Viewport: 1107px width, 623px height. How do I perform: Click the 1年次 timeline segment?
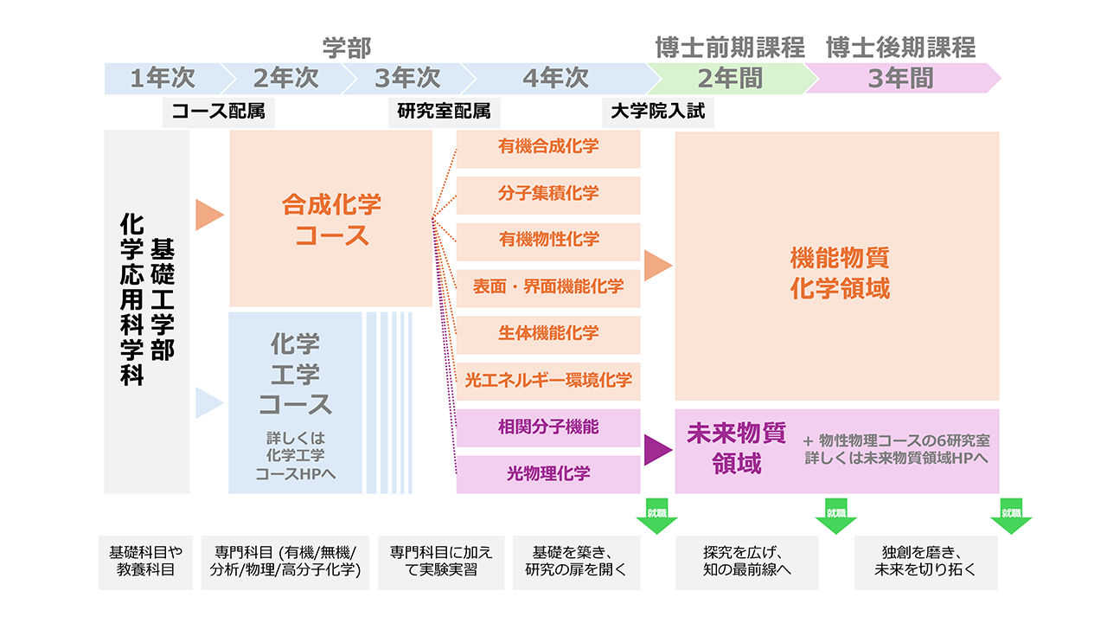tap(163, 79)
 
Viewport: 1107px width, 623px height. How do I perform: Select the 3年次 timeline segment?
tap(407, 79)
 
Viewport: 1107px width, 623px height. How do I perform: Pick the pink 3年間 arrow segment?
tap(900, 79)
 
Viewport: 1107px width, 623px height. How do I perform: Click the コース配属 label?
tap(218, 112)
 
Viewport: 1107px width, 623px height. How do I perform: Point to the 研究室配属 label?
tap(444, 112)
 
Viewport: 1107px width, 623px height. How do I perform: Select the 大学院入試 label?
tap(657, 112)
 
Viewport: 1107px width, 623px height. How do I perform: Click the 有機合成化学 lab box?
tap(548, 147)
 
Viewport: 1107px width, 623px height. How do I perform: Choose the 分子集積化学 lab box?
tap(548, 194)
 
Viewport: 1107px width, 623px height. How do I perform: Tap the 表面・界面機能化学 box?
tap(548, 287)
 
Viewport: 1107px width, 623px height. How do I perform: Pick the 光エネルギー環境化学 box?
tap(548, 380)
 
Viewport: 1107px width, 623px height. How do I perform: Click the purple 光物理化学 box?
tap(548, 474)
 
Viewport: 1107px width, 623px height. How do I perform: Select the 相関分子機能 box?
tap(548, 427)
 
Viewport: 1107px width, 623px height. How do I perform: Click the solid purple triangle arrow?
tap(657, 450)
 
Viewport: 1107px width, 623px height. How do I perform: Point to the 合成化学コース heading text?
tap(331, 220)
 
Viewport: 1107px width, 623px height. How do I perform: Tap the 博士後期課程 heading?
tap(900, 47)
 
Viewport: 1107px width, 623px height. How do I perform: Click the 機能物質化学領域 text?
tap(839, 273)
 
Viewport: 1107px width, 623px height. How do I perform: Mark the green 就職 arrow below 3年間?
tap(1011, 517)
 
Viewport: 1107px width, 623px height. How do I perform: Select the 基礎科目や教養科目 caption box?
tap(145, 561)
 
